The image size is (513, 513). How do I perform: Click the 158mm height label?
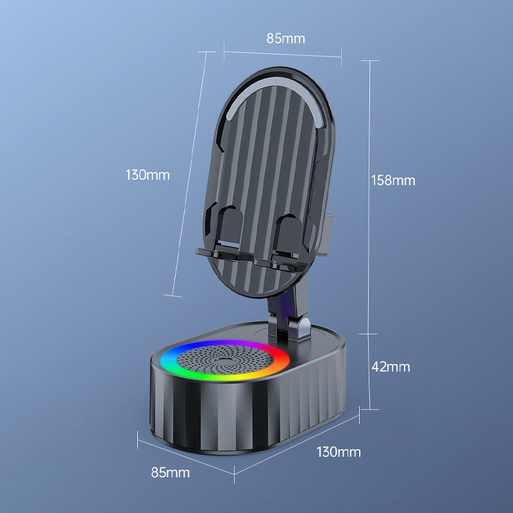pyautogui.click(x=393, y=180)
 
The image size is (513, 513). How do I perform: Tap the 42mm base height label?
pyautogui.click(x=390, y=367)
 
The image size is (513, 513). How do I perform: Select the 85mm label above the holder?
pyautogui.click(x=285, y=38)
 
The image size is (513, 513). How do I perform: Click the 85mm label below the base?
pyautogui.click(x=170, y=473)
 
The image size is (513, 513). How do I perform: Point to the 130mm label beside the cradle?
pyautogui.click(x=147, y=174)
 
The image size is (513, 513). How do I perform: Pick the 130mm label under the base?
pyautogui.click(x=339, y=452)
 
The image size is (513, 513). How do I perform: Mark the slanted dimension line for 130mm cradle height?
pyautogui.click(x=190, y=173)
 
